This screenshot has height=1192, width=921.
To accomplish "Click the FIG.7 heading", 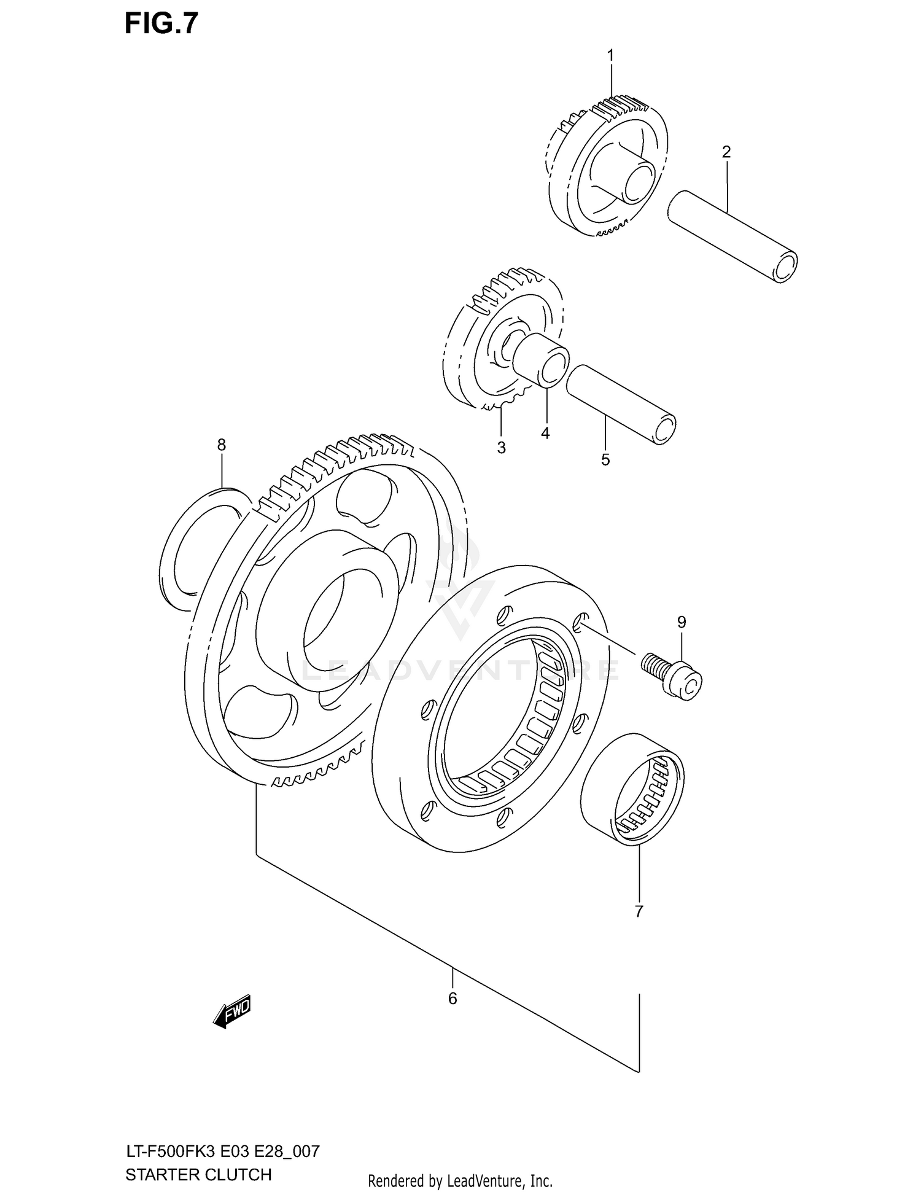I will [161, 23].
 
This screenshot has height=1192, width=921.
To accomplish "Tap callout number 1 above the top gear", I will [610, 56].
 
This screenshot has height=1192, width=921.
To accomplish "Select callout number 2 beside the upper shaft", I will [726, 152].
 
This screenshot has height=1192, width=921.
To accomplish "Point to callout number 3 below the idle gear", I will [501, 448].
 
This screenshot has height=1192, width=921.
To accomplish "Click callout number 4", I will [545, 434].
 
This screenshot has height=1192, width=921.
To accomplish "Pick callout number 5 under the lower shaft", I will [605, 459].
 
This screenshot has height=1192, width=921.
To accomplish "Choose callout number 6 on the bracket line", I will [453, 999].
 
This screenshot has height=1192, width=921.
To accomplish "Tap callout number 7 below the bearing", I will [639, 911].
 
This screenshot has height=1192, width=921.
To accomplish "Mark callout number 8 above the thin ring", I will [222, 445].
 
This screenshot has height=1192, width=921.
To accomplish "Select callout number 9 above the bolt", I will [682, 622].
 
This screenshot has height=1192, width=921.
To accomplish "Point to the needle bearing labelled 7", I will [632, 789].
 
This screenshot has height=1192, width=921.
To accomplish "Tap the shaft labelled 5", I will [620, 403].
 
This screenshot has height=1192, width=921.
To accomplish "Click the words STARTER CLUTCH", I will [198, 1174].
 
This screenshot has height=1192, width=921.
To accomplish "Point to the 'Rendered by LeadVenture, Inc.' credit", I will [460, 1180].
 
